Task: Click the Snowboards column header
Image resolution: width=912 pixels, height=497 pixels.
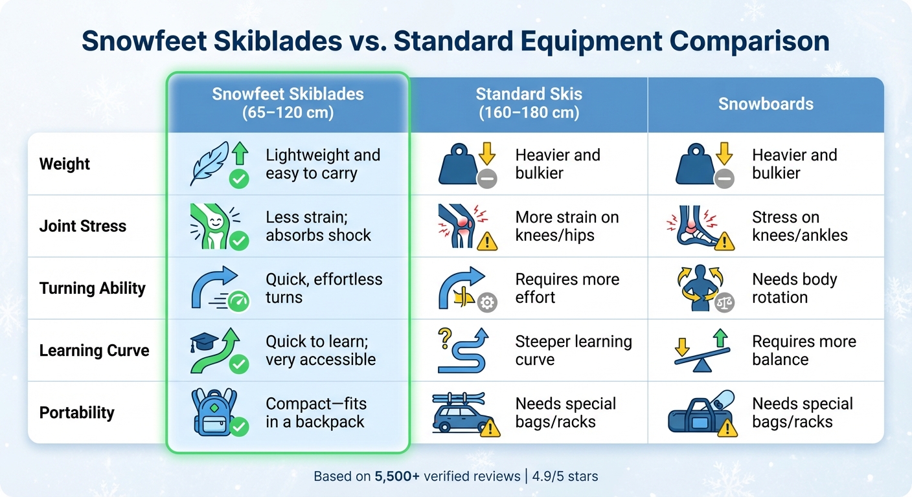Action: [x=766, y=104]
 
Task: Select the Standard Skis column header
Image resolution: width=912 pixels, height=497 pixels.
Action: [x=529, y=103]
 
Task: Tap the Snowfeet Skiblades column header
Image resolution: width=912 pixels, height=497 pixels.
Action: [x=288, y=103]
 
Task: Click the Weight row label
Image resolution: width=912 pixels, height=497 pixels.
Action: [x=65, y=164]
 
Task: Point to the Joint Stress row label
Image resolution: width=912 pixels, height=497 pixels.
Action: [x=83, y=226]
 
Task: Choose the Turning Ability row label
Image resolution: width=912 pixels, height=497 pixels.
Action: [x=93, y=288]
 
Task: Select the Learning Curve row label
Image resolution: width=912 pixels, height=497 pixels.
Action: [x=95, y=350]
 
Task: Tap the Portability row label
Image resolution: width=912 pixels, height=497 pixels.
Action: [x=77, y=412]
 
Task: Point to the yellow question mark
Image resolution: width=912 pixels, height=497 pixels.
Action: [x=445, y=337]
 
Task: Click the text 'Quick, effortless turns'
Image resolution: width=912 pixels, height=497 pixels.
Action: [x=324, y=288]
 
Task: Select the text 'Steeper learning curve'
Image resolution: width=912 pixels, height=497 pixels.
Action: [x=573, y=350]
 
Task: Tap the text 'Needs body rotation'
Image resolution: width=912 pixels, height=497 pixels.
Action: [x=794, y=288]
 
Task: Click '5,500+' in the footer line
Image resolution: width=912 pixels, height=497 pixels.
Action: [x=397, y=476]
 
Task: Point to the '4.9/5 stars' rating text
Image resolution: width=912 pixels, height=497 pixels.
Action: [x=564, y=476]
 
